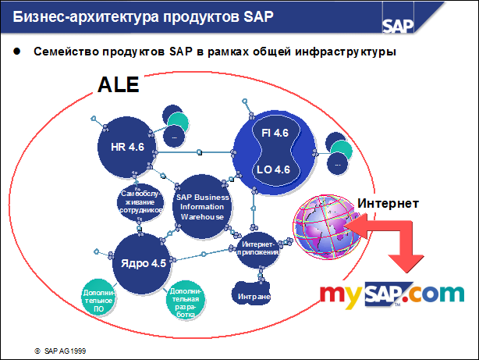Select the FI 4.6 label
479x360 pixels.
[x=275, y=134]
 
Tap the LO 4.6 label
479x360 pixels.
[x=275, y=169]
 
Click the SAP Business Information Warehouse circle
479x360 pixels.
[x=202, y=207]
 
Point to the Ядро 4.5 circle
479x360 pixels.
[x=143, y=263]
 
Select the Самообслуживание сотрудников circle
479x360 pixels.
[x=140, y=201]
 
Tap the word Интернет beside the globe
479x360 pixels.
[x=388, y=203]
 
